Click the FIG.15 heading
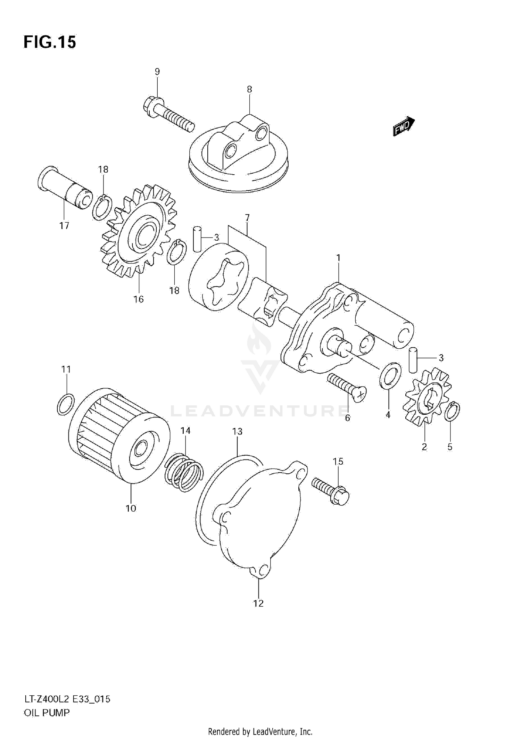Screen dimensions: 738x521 [x=50, y=42]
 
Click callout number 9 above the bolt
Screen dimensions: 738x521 [x=157, y=72]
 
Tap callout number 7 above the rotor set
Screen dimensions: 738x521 [x=247, y=218]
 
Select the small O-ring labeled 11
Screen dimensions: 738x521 [x=65, y=405]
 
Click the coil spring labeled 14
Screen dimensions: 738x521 [x=183, y=472]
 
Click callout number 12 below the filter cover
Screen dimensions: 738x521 [x=258, y=603]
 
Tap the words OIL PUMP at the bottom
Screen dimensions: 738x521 [x=47, y=713]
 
